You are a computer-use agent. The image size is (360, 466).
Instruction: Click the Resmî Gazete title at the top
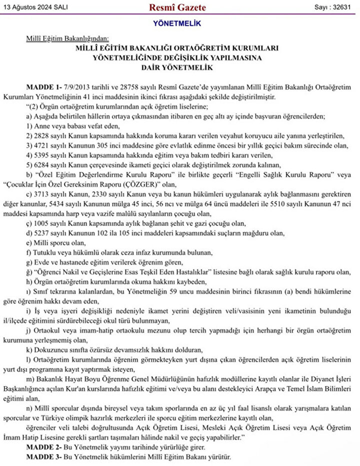pyautogui.click(x=177, y=7)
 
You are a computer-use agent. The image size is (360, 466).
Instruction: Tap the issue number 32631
pyautogui.click(x=342, y=7)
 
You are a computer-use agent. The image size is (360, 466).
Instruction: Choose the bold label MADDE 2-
pyautogui.click(x=43, y=448)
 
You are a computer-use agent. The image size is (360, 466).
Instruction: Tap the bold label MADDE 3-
pyautogui.click(x=43, y=457)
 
